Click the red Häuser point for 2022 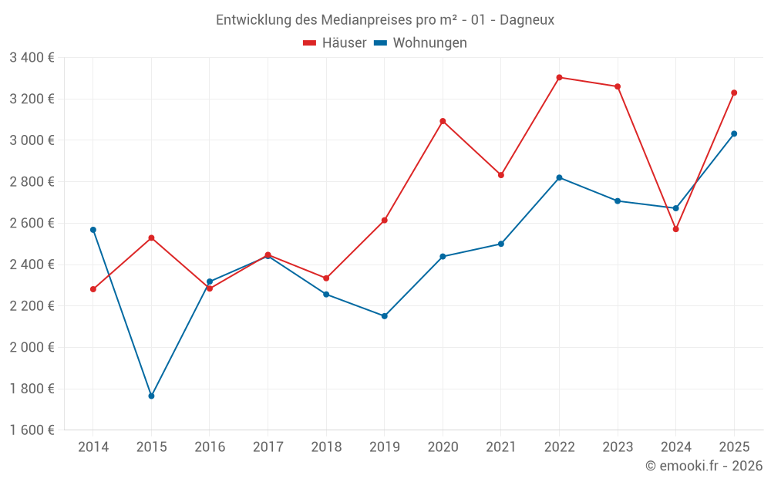559,77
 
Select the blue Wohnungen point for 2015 151,396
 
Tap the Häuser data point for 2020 443,121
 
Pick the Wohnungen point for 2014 93,230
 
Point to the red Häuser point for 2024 676,229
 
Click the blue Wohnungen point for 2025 734,133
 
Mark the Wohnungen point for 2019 384,316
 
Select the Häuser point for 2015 151,238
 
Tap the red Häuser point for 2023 618,86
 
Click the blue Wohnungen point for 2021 501,244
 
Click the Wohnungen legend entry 421,42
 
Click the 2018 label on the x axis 326,447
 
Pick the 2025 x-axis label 734,447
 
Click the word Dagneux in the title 527,20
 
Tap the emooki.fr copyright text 703,466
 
